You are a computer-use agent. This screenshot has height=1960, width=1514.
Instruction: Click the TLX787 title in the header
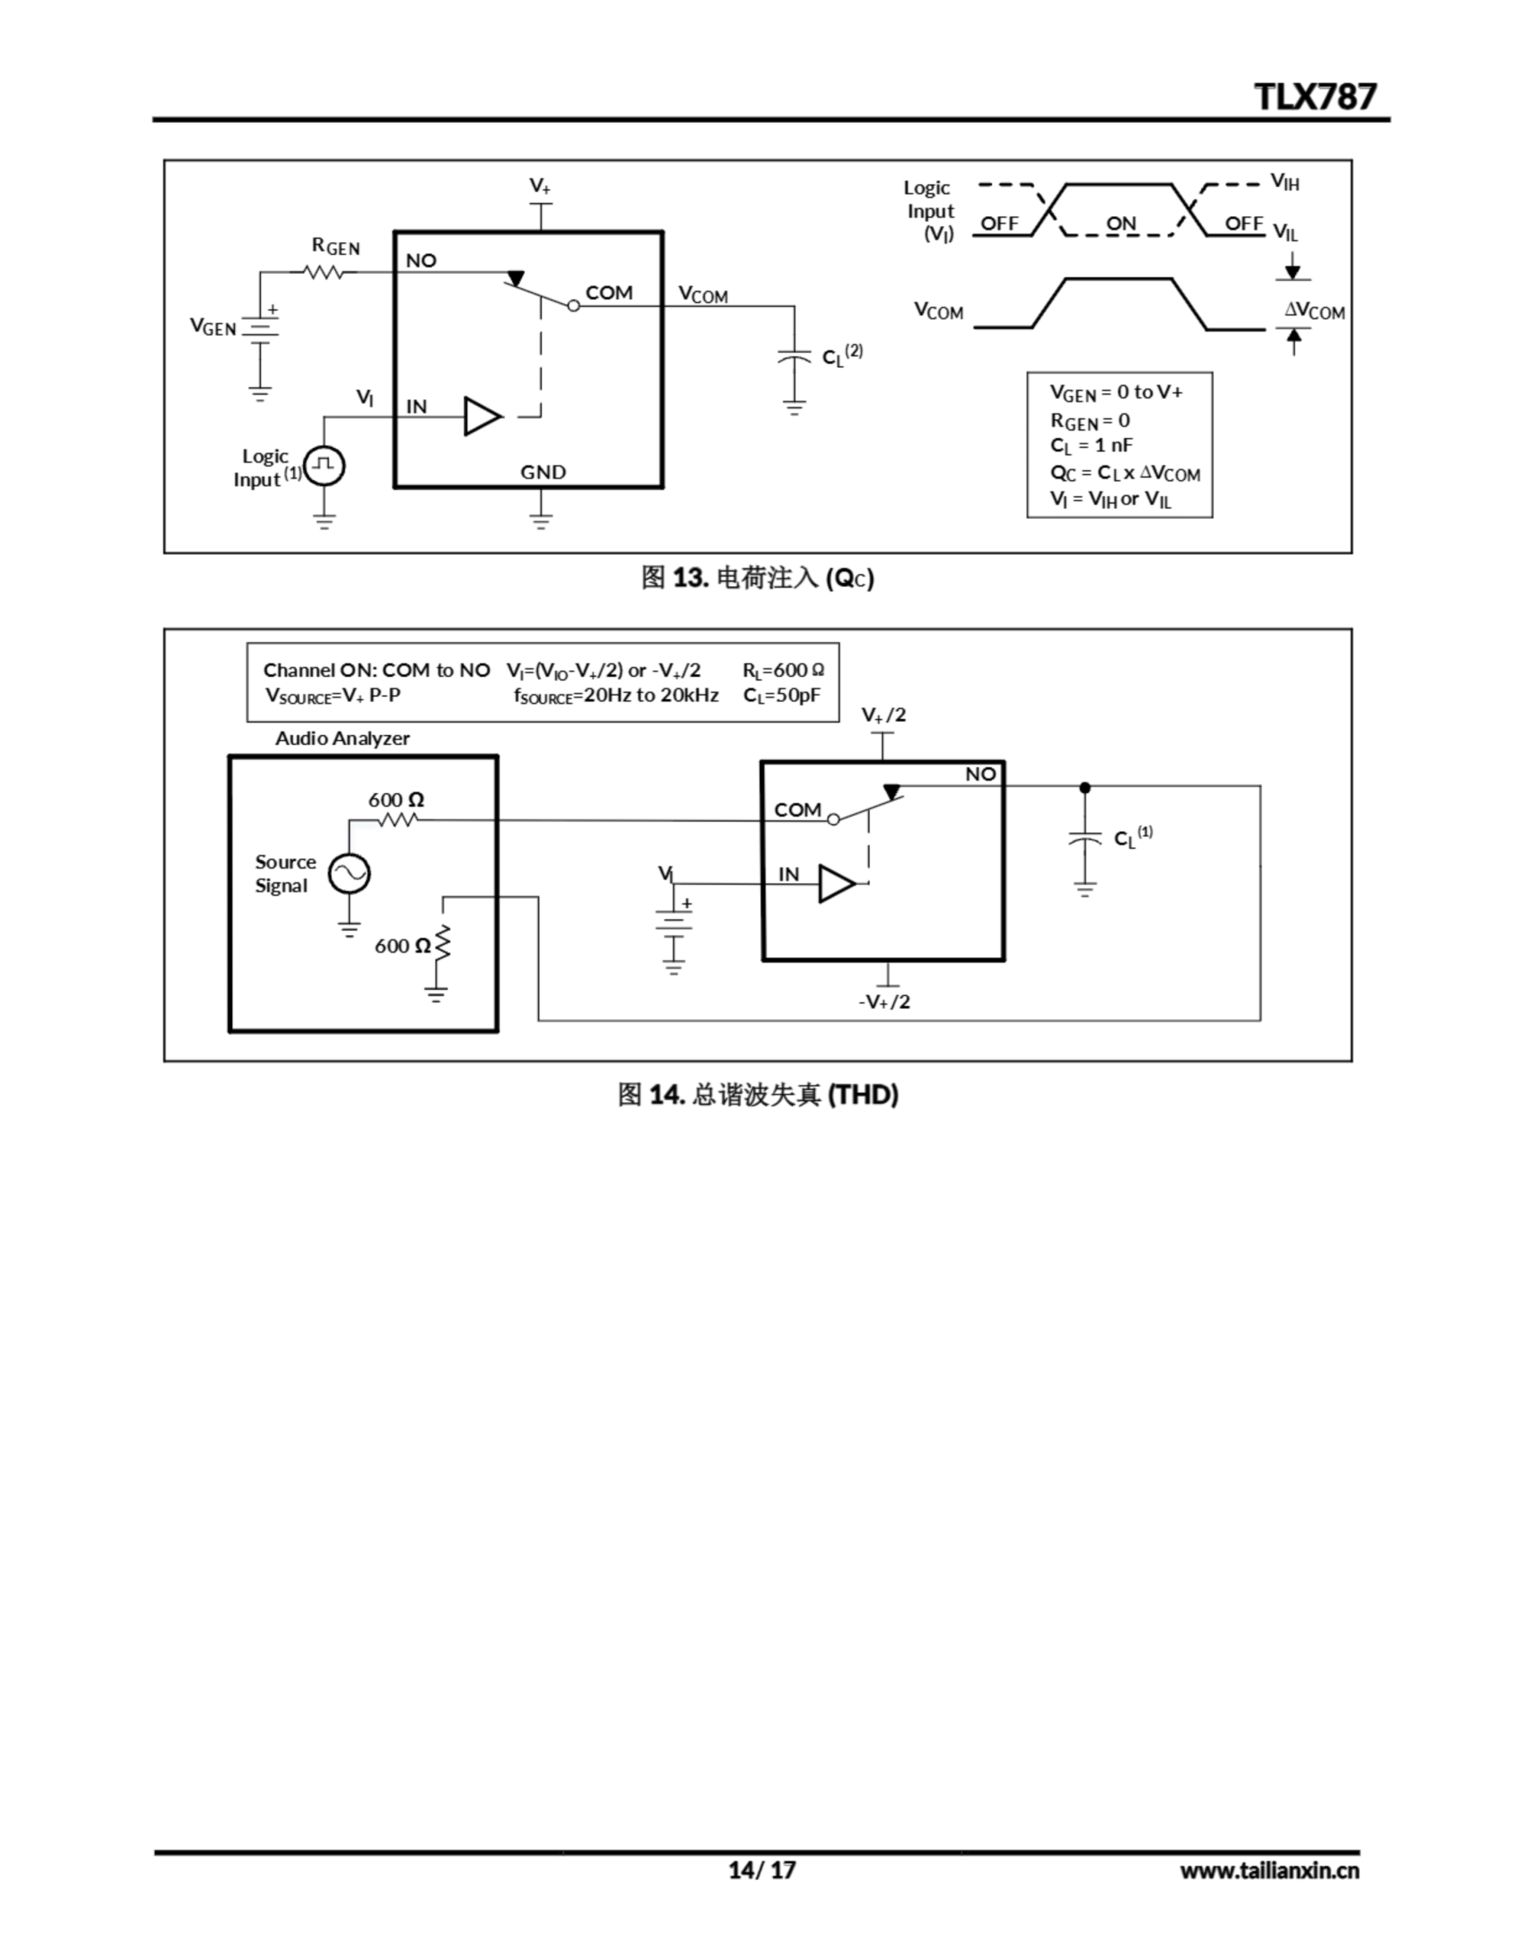(1314, 96)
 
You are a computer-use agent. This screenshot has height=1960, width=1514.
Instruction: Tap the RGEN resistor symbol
(325, 271)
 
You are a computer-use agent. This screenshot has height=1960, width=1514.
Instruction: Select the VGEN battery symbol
(260, 330)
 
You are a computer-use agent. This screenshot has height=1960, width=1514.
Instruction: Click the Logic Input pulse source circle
(324, 465)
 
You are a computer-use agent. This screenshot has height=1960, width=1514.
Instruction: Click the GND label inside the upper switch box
(543, 472)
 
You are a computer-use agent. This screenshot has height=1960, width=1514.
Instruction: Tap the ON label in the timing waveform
(1121, 223)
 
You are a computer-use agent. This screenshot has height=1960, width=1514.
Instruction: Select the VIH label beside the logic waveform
(1284, 182)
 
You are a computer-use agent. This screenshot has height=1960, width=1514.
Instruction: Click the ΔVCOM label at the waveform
(1314, 311)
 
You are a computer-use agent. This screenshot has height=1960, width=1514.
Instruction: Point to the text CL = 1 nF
(1091, 445)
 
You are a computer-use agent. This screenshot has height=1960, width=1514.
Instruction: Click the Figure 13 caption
(756, 578)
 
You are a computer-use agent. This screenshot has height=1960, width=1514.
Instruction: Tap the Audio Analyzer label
(342, 738)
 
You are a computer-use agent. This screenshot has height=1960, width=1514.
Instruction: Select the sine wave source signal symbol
(349, 874)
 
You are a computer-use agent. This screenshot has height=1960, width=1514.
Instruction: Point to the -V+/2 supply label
(884, 1001)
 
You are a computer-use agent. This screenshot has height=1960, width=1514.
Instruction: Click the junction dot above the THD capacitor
(1085, 787)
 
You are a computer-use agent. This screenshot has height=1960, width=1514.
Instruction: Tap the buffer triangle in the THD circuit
(836, 884)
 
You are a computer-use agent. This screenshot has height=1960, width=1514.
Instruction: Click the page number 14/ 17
(762, 1870)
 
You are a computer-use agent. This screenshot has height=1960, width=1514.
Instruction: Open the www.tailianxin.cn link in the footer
(1269, 1870)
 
